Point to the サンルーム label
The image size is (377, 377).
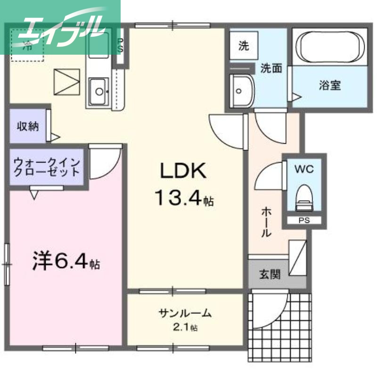(x=185, y=313)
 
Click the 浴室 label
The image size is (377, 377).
(x=330, y=86)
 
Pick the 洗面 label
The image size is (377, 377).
(x=271, y=68)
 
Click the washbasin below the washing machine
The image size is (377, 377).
(x=241, y=90)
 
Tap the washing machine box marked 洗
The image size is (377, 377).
(x=244, y=46)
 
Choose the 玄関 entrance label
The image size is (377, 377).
(x=270, y=274)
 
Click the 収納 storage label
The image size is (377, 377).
(x=28, y=126)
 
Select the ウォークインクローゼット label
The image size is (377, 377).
(x=47, y=166)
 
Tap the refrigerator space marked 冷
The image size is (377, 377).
(x=27, y=46)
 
